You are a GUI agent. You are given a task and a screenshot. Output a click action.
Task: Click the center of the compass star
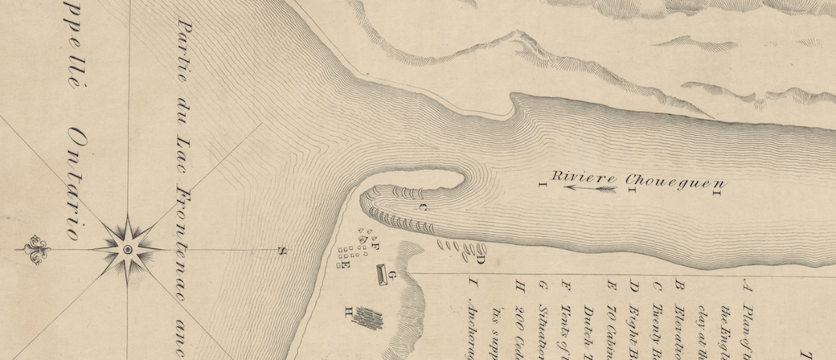tap(127, 249)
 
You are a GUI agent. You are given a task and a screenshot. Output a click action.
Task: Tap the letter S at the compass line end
tap(281, 251)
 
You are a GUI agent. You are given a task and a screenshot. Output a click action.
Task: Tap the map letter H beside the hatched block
tap(348, 310)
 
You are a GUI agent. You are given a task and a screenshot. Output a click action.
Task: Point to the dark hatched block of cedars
tap(369, 319)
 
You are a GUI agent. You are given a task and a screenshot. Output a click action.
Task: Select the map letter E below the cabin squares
tap(346, 266)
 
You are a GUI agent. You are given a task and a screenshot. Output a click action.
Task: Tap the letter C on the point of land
tap(424, 207)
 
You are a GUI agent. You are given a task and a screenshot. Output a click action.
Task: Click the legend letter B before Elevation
tap(679, 284)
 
